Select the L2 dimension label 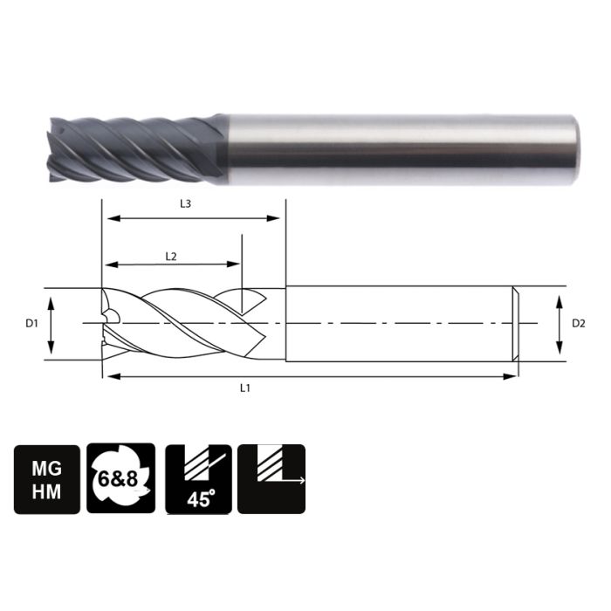(171, 256)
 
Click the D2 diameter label (578, 324)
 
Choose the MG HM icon (46, 478)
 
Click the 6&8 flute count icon (121, 478)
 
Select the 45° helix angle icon (198, 478)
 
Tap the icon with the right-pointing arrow (271, 478)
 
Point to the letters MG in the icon (46, 466)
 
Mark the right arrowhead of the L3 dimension (280, 218)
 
